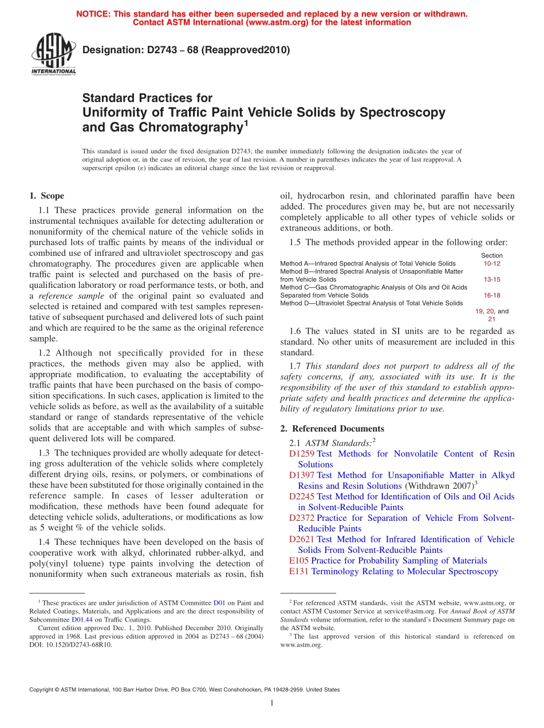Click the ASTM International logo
[x=53, y=54]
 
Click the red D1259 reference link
[x=301, y=454]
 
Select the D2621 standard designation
[x=301, y=539]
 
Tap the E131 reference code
[x=299, y=571]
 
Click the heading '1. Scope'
[x=46, y=196]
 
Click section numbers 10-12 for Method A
[x=492, y=264]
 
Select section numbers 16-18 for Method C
[x=492, y=295]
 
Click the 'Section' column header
[x=492, y=256]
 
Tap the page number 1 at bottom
[x=272, y=703]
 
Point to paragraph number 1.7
[x=296, y=366]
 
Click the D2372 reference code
[x=301, y=518]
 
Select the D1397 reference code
[x=301, y=475]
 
